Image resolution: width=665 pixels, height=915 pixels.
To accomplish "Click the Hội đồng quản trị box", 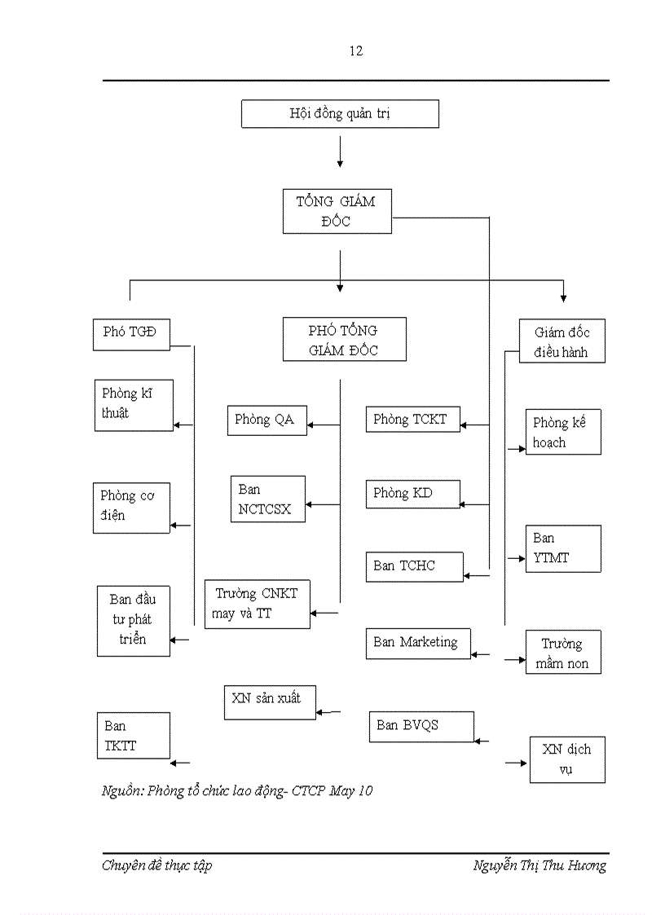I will pos(340,114).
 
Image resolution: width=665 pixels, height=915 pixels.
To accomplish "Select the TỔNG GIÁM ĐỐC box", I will pos(337,211).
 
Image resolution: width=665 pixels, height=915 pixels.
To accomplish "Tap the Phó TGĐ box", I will pos(131,333).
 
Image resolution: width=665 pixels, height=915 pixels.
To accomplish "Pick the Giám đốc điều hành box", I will pos(562,341).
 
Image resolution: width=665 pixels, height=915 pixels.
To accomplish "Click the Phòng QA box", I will pos(266,420).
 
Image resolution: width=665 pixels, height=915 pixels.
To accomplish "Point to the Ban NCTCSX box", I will pos(267,499).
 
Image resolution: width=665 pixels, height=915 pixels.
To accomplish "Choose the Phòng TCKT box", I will pos(412,420).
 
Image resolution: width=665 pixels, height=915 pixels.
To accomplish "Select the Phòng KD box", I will pos(412,494).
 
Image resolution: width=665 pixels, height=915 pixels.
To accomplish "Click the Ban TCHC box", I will pos(415,566).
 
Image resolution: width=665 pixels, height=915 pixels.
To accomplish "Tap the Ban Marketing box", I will pos(418,643).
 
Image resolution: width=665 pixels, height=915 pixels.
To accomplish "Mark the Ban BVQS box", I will pos(421,726).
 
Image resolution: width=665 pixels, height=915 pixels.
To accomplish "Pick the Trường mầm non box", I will pos(563,653).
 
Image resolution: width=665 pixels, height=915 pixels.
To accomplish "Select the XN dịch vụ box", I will pos(567,759).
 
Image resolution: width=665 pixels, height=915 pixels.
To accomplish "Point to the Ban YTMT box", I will pos(563,548).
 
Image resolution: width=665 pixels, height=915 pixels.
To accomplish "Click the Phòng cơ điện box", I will pos(131,506).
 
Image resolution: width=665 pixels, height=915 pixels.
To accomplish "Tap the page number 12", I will pos(356,51).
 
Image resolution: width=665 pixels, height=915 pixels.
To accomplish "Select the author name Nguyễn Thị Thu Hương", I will pos(539,865).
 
